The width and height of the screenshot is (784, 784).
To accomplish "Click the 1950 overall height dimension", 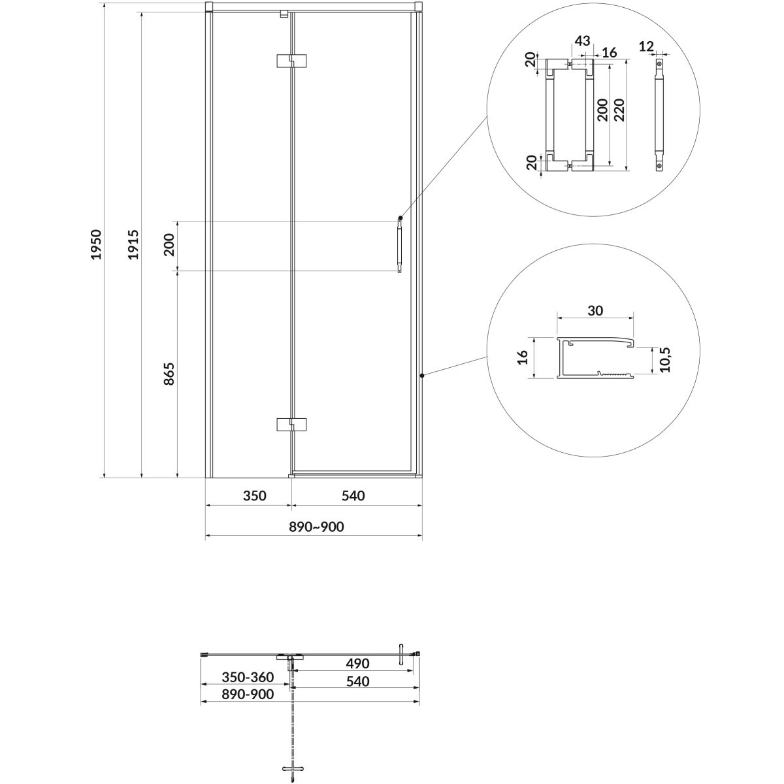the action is pyautogui.click(x=96, y=244).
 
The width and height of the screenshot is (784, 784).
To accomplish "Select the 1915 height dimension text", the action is pyautogui.click(x=133, y=244).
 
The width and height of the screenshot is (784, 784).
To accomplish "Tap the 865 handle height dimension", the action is pyautogui.click(x=169, y=374).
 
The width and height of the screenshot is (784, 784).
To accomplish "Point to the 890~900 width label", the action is pyautogui.click(x=316, y=527).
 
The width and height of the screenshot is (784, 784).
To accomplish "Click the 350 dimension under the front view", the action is pyautogui.click(x=255, y=495).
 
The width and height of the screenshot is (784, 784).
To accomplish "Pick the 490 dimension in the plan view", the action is pyautogui.click(x=357, y=664).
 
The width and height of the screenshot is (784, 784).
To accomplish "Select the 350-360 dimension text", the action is pyautogui.click(x=248, y=678).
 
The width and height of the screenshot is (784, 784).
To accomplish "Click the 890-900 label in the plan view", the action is pyautogui.click(x=248, y=694).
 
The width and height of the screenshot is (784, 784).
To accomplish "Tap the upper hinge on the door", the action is pyautogui.click(x=291, y=61).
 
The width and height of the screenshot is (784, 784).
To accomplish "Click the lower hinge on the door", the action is pyautogui.click(x=291, y=425).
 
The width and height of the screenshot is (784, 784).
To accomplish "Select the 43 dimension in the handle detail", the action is pyautogui.click(x=582, y=41).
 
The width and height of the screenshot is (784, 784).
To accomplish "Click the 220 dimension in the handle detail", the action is pyautogui.click(x=619, y=110).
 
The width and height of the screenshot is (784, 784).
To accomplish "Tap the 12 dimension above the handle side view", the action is pyautogui.click(x=646, y=46).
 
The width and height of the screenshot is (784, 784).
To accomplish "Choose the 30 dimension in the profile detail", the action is pyautogui.click(x=595, y=310).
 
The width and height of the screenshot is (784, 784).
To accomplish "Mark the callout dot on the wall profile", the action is pyautogui.click(x=422, y=375).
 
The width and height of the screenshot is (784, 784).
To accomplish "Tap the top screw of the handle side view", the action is pyautogui.click(x=659, y=63).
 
